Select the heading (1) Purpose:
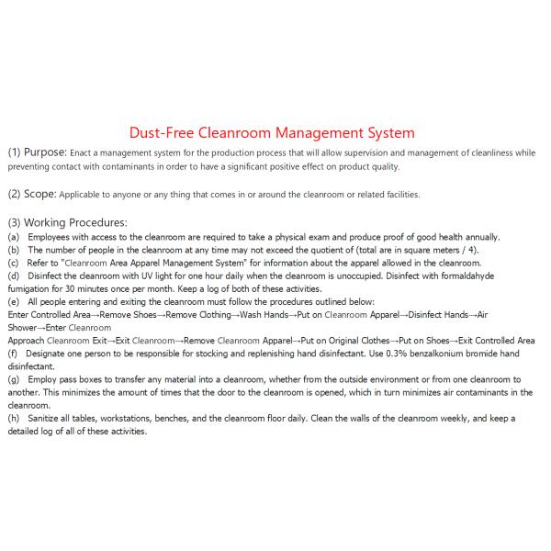tap(38, 152)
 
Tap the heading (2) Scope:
tap(32, 194)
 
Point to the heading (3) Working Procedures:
tap(67, 222)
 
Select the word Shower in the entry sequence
tap(20, 327)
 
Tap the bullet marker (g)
tap(14, 378)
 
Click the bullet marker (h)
tap(14, 418)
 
